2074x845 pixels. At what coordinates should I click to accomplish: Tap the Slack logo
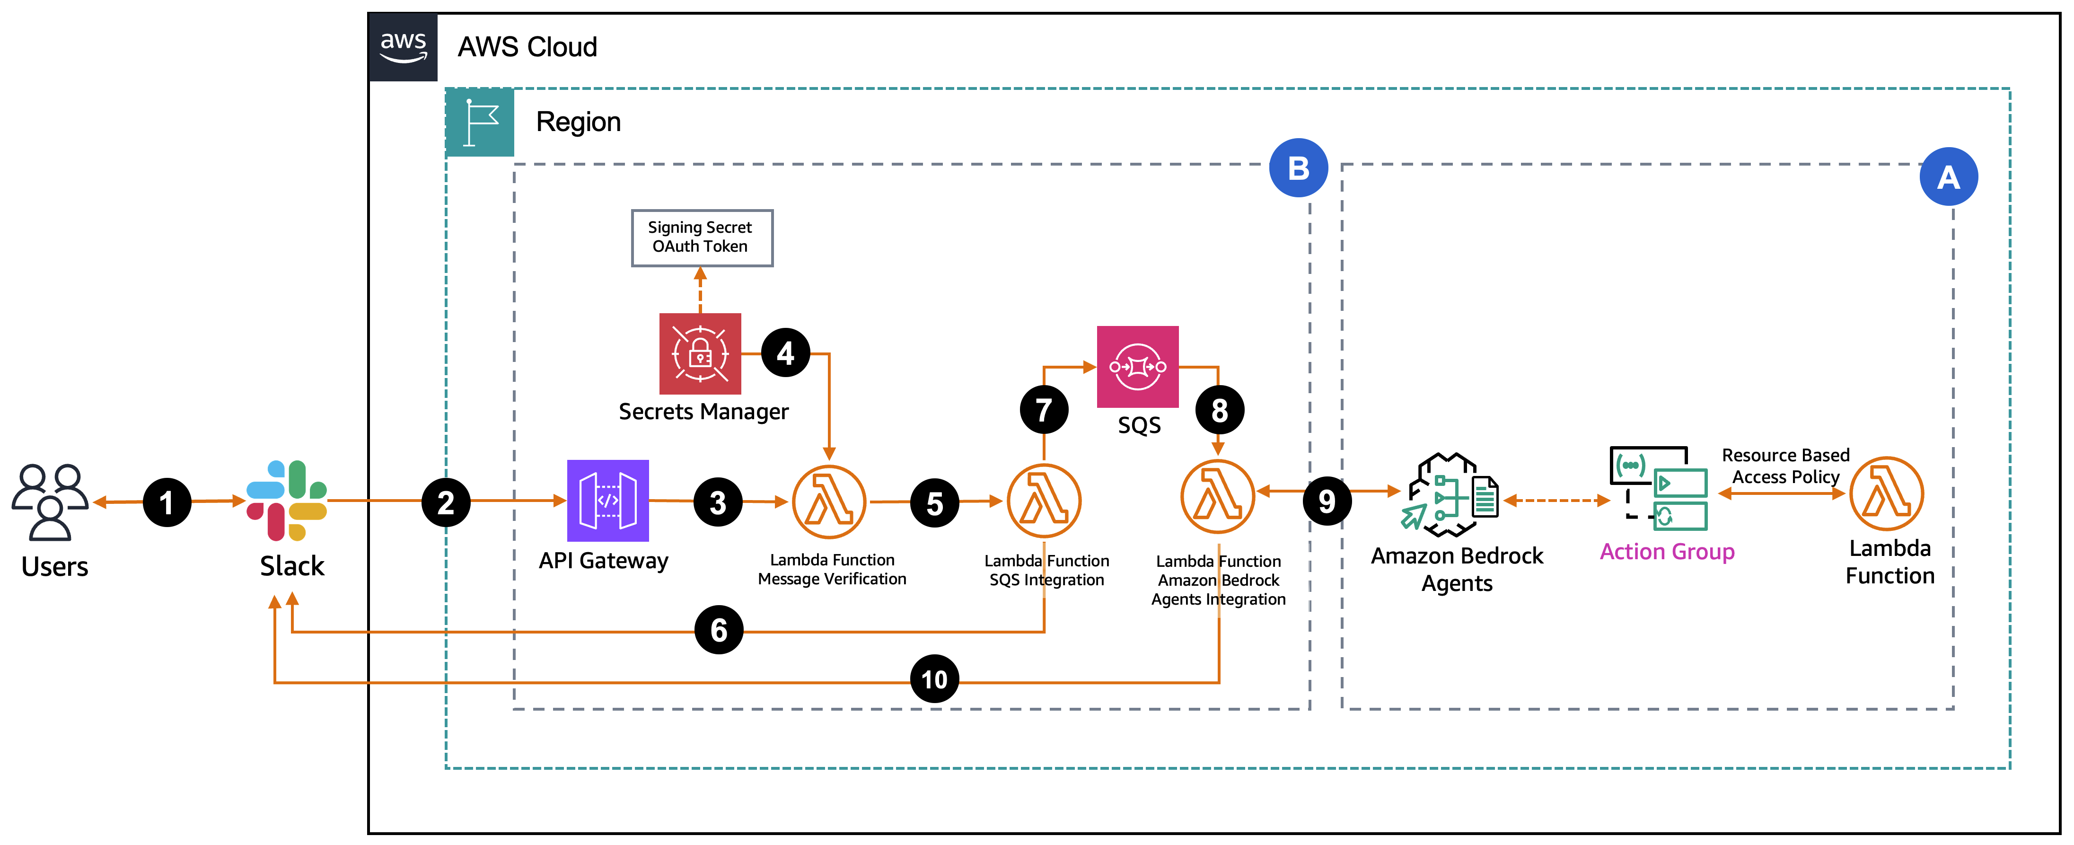(287, 500)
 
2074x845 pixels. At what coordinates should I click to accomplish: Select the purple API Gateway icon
(608, 500)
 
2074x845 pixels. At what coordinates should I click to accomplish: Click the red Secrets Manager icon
(700, 353)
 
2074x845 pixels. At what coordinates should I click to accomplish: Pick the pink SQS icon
(1137, 367)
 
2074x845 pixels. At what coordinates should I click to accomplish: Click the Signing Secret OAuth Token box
(701, 238)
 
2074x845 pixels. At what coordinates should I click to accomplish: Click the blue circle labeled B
(1298, 168)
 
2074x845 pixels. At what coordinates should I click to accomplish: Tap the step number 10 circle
(934, 679)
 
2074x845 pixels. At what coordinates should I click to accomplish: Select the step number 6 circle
(718, 630)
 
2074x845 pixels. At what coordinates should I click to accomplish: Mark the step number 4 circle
(785, 353)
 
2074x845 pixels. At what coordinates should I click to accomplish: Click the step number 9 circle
(1326, 501)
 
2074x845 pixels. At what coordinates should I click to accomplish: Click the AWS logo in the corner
(403, 47)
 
